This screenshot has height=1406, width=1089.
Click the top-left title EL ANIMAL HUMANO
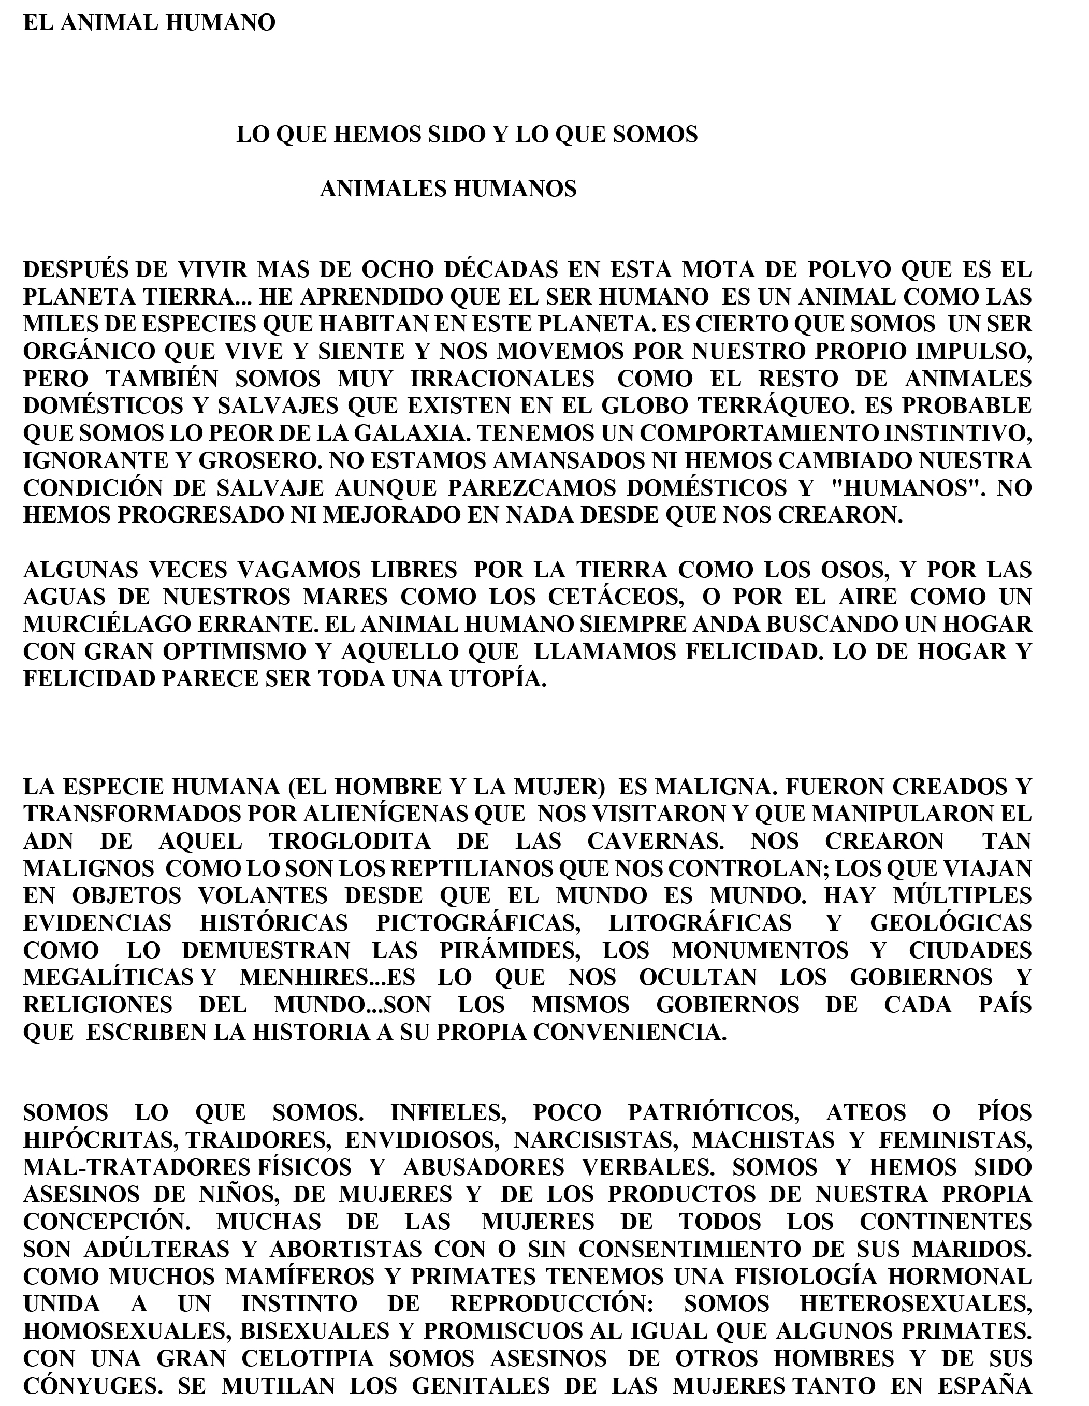click(x=149, y=23)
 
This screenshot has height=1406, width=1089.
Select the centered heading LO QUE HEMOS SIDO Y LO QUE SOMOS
click(x=467, y=135)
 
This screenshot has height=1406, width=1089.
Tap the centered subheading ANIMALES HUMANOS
click(x=448, y=189)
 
